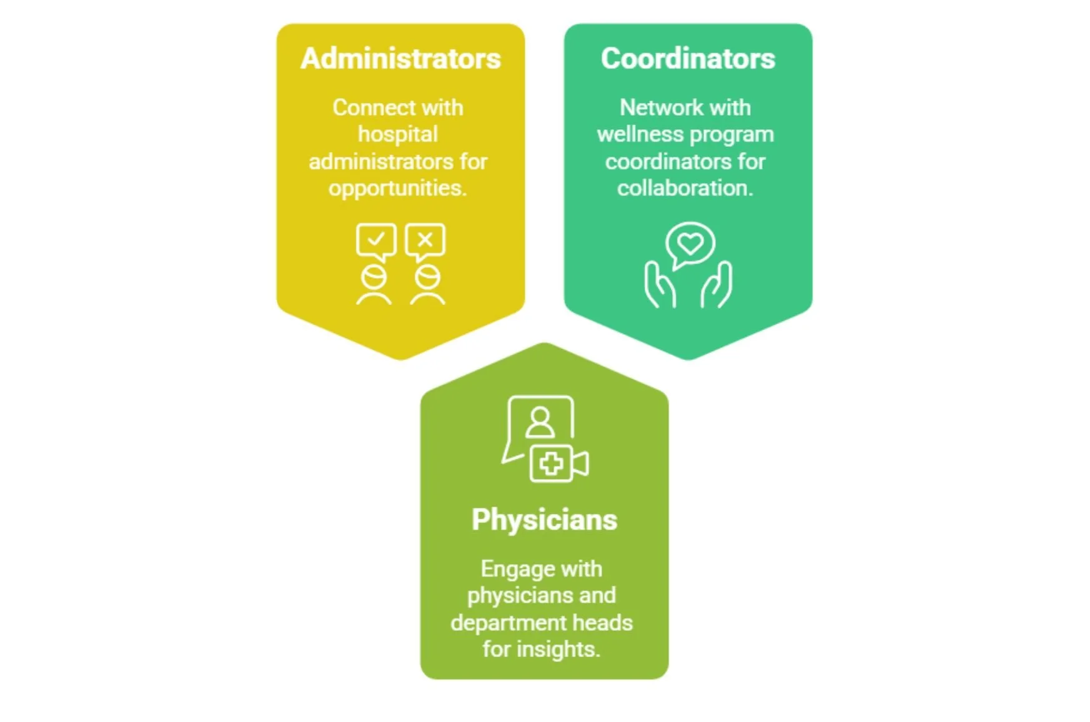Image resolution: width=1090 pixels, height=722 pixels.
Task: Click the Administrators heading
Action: coord(400,59)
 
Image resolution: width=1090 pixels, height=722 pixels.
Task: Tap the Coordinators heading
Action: coord(688,59)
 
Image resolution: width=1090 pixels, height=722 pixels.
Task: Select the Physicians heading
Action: coord(544,520)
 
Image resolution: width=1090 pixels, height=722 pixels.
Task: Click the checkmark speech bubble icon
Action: coord(376,241)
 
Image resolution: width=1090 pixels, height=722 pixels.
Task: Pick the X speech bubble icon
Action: coord(425,241)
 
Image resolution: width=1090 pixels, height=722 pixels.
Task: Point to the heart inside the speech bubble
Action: coord(690,243)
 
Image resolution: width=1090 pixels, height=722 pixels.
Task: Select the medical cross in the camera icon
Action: coord(551,464)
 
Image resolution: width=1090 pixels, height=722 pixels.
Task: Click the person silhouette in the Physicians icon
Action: coord(540,422)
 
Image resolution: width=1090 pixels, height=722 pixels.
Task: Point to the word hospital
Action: coord(398,134)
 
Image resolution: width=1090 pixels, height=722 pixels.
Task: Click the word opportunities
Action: coord(397,188)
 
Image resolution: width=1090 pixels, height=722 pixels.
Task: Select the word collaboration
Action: coord(685,188)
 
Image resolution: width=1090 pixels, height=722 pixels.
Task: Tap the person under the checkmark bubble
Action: coord(374,286)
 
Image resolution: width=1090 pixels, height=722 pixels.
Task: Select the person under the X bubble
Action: coord(427,286)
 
